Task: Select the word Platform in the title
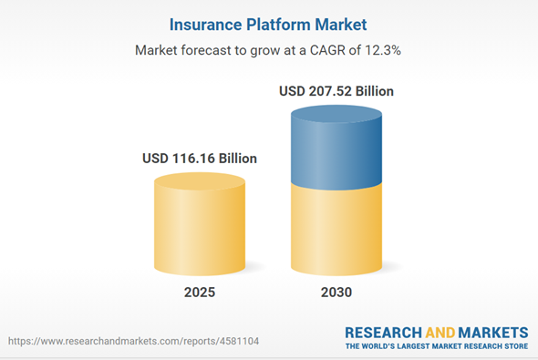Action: click(x=275, y=22)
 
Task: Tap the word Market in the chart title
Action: click(x=340, y=22)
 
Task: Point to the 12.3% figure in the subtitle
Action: click(x=384, y=51)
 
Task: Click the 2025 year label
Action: click(x=199, y=293)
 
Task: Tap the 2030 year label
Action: click(x=336, y=293)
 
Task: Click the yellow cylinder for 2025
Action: click(x=200, y=223)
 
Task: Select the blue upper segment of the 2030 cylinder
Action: click(x=336, y=146)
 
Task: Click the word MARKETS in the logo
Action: click(x=492, y=332)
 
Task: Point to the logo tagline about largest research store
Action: click(x=436, y=346)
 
